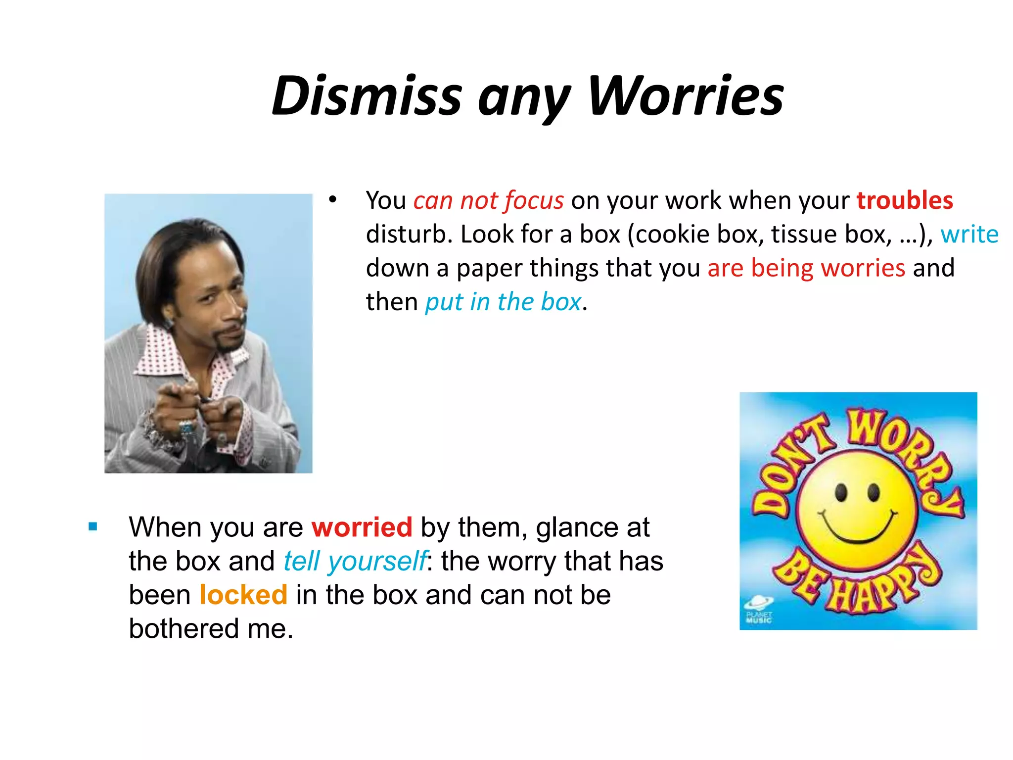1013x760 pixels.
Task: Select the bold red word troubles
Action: coord(905,200)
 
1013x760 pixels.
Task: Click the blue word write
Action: coord(969,234)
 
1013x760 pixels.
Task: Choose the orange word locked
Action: coord(243,594)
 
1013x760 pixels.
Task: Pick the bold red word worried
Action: coord(362,527)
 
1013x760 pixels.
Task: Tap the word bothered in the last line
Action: coord(184,628)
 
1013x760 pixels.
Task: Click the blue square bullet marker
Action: coord(93,526)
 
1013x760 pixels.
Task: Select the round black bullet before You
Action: coord(332,200)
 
